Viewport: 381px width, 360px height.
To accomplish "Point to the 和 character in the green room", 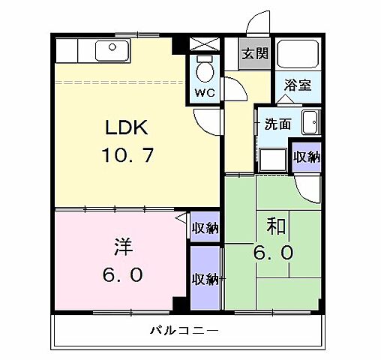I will (x=274, y=224).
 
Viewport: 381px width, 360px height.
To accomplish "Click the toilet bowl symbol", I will (x=204, y=70).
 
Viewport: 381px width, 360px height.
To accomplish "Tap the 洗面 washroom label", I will (x=276, y=124).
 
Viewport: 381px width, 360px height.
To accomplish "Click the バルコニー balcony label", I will (x=183, y=330).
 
